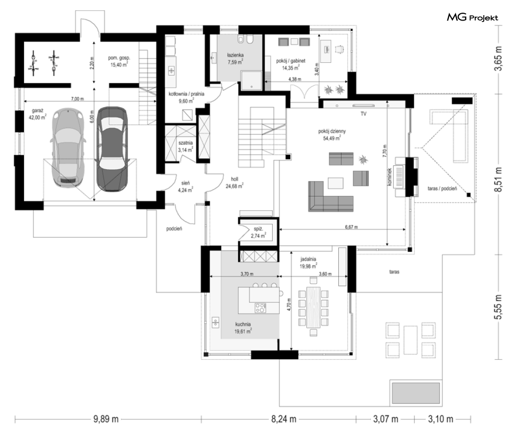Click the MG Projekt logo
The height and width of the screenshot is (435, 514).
tap(472, 17)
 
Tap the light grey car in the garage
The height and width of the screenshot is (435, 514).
tap(68, 148)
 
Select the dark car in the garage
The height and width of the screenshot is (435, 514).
tap(112, 149)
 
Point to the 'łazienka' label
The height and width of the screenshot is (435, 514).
tap(235, 55)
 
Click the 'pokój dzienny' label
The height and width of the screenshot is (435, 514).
tap(332, 131)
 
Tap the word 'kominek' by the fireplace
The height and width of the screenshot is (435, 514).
tap(390, 177)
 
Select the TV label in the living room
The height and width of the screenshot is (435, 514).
tap(363, 114)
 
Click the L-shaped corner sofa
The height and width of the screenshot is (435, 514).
tap(330, 197)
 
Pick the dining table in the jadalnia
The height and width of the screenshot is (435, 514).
tap(313, 307)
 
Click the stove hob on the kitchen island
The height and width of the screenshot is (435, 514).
tap(260, 308)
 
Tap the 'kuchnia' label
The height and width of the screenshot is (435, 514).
tap(243, 324)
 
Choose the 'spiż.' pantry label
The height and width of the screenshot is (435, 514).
tap(258, 229)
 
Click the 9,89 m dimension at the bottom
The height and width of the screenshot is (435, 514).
tap(106, 419)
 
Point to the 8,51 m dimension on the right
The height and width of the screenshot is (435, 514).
tap(498, 179)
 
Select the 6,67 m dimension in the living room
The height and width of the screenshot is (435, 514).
tap(351, 227)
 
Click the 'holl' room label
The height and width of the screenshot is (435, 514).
tap(234, 179)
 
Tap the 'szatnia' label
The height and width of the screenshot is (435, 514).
tap(186, 143)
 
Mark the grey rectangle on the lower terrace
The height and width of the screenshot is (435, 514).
tap(415, 393)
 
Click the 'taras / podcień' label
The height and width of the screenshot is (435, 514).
tap(442, 188)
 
